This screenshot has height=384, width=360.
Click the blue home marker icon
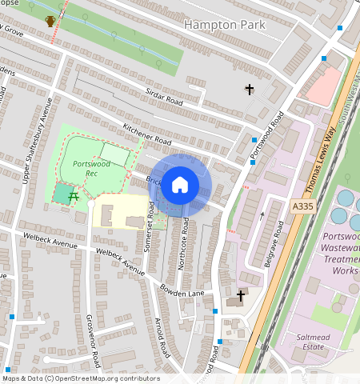180,186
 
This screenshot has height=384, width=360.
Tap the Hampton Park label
225,25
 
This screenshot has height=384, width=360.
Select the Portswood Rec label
90,168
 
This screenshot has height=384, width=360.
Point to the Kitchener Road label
147,134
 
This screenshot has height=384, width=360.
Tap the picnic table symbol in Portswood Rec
73,195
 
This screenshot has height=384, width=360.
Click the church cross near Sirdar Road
249,90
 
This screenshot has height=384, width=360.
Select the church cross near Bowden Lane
240,294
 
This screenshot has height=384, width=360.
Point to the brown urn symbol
50,20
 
